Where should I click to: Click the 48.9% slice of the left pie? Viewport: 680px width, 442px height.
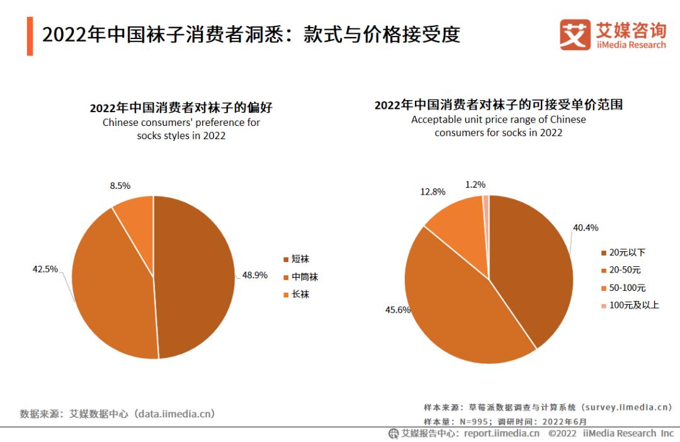click(x=195, y=277)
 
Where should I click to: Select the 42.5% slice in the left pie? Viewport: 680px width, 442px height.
click(x=113, y=283)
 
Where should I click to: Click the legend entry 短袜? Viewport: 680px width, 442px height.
click(x=300, y=259)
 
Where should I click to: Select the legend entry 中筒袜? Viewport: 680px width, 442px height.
click(x=305, y=276)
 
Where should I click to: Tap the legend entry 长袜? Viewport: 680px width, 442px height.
click(x=300, y=294)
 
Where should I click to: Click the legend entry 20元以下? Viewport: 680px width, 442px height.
click(x=623, y=252)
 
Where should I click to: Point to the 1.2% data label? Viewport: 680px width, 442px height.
click(x=475, y=184)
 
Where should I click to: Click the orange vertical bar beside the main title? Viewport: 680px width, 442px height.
click(x=30, y=36)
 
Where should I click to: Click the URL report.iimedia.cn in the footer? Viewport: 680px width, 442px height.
click(x=501, y=433)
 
